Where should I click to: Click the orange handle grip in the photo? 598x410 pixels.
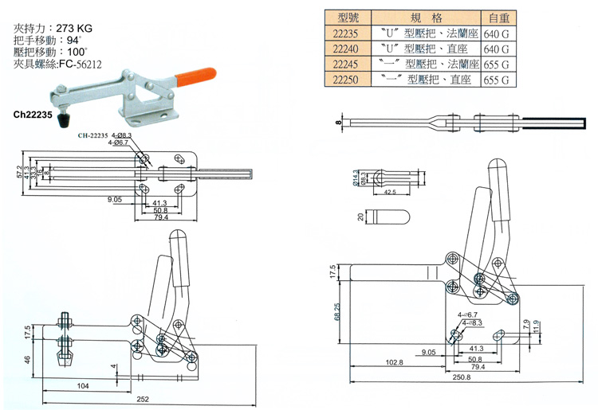(195, 76)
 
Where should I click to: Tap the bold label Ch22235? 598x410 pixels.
(33, 115)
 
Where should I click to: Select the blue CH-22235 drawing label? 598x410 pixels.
(96, 136)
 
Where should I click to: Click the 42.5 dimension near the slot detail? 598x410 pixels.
(389, 192)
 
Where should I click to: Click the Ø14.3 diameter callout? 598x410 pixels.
(354, 178)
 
